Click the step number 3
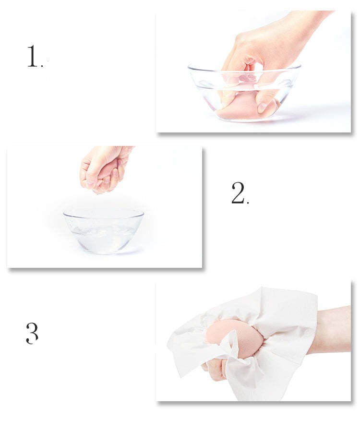click(x=32, y=333)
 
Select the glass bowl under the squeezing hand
click(x=103, y=231)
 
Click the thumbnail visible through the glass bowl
click(x=262, y=108)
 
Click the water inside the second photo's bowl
click(x=103, y=237)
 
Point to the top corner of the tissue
click(x=262, y=287)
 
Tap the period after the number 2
click(x=248, y=202)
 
